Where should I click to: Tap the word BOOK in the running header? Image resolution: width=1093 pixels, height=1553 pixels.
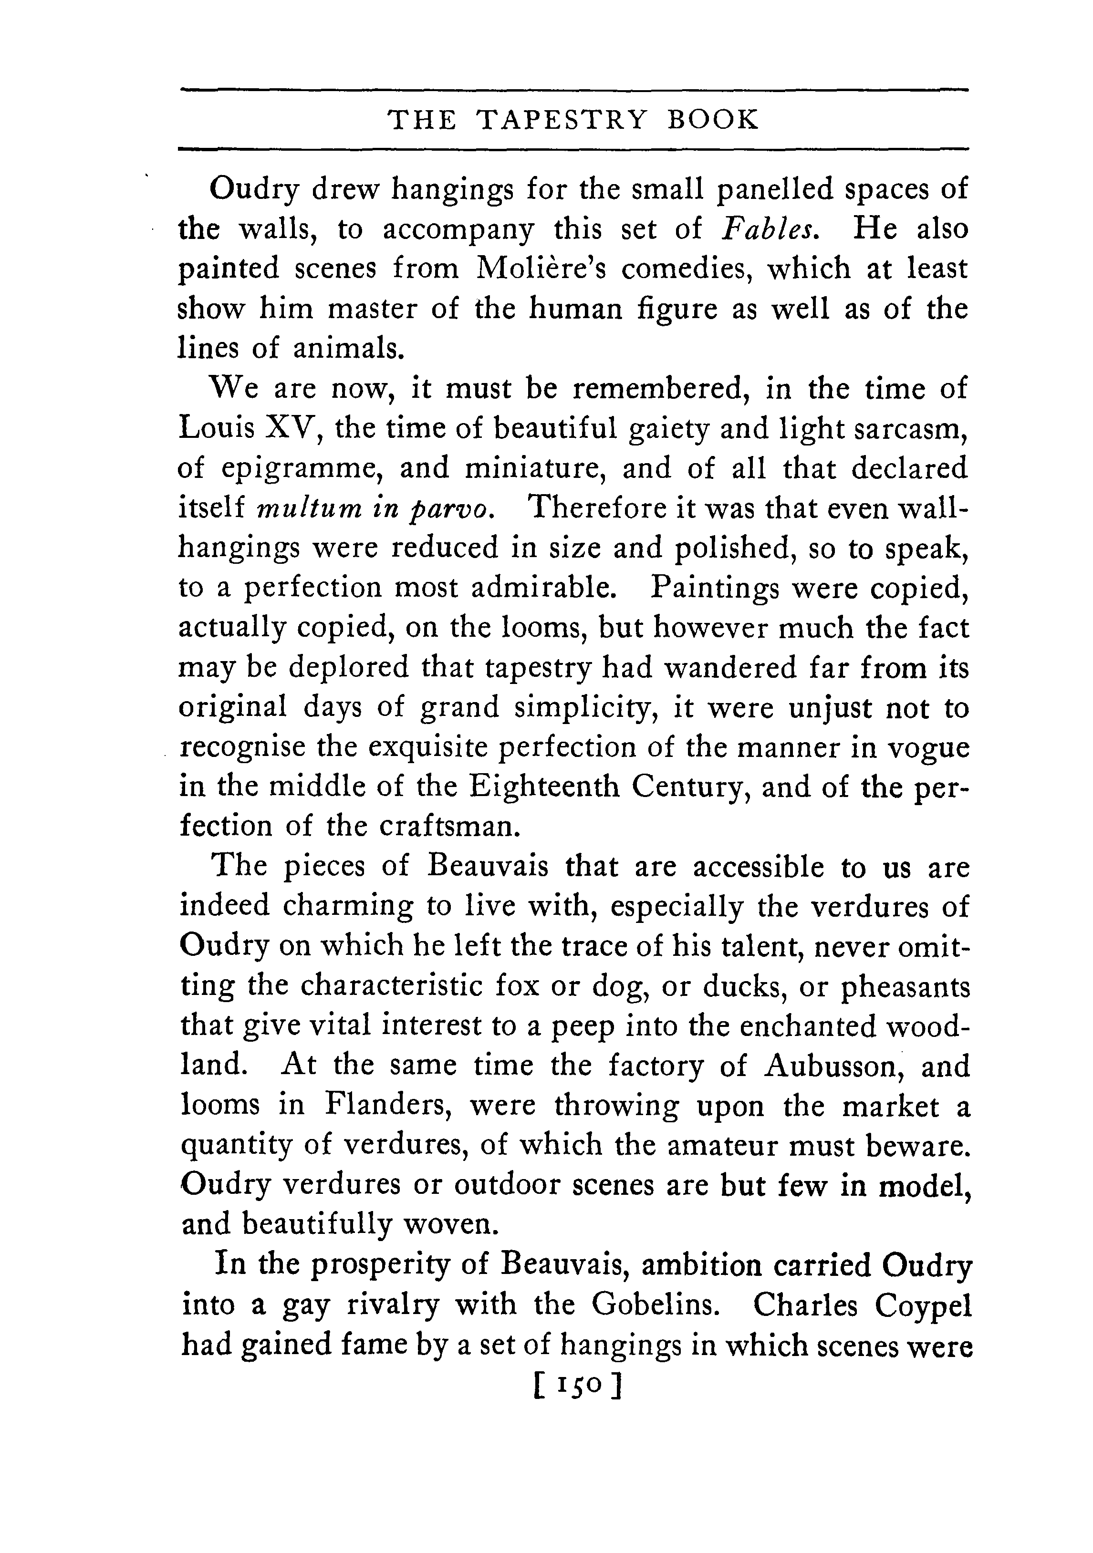pos(713,120)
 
